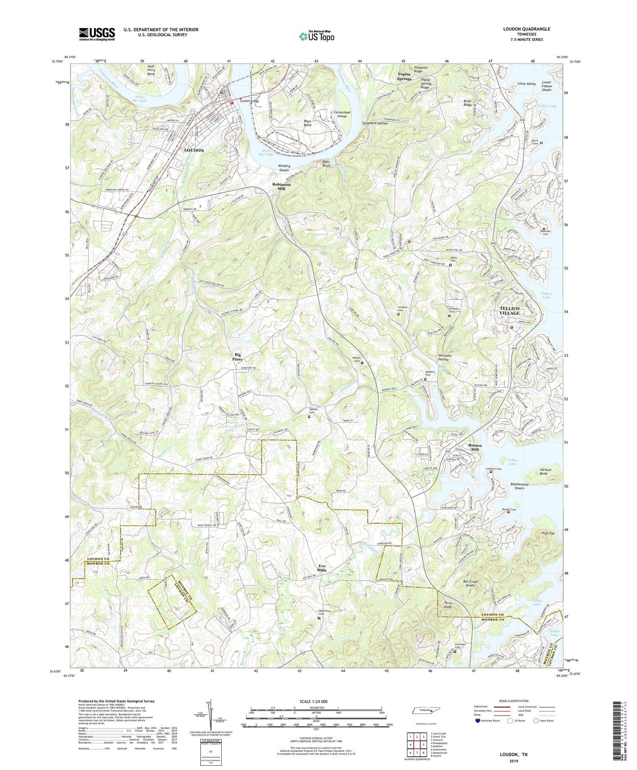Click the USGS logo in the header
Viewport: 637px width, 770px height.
click(97, 34)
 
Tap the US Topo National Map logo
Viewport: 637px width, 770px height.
click(317, 36)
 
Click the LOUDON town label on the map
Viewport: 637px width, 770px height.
click(194, 150)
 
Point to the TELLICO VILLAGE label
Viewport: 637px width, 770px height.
click(510, 310)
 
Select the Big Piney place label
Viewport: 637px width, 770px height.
click(238, 356)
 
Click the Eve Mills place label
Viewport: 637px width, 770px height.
click(322, 568)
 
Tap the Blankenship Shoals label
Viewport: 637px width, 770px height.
click(519, 486)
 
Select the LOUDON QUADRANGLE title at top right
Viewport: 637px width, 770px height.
click(528, 29)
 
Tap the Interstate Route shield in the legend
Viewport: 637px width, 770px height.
click(477, 720)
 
